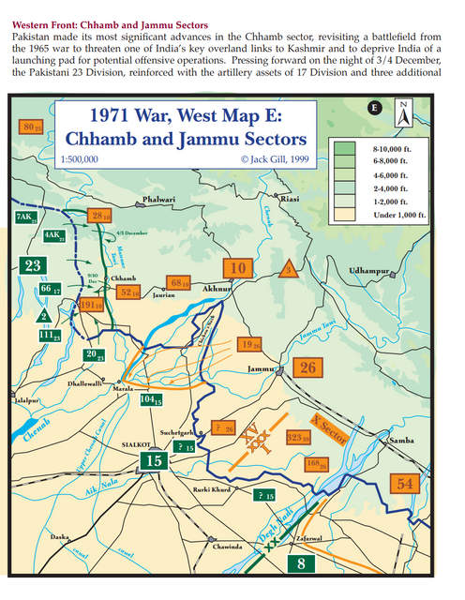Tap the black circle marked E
375,108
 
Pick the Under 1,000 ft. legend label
397,215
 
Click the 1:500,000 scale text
80,160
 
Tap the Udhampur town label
367,270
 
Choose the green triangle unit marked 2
45,315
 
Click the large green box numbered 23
33,266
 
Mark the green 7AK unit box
25,217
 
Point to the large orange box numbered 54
405,484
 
